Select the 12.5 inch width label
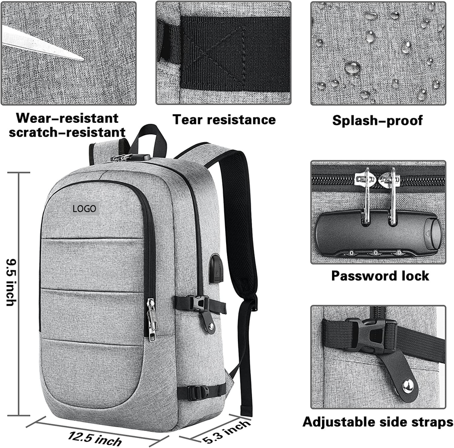click(95, 437)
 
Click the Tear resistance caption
click(224, 120)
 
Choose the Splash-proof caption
click(377, 120)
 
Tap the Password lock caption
click(380, 276)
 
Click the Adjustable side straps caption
click(377, 422)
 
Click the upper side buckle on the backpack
click(199, 302)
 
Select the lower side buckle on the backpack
click(199, 392)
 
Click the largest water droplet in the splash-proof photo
click(352, 68)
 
